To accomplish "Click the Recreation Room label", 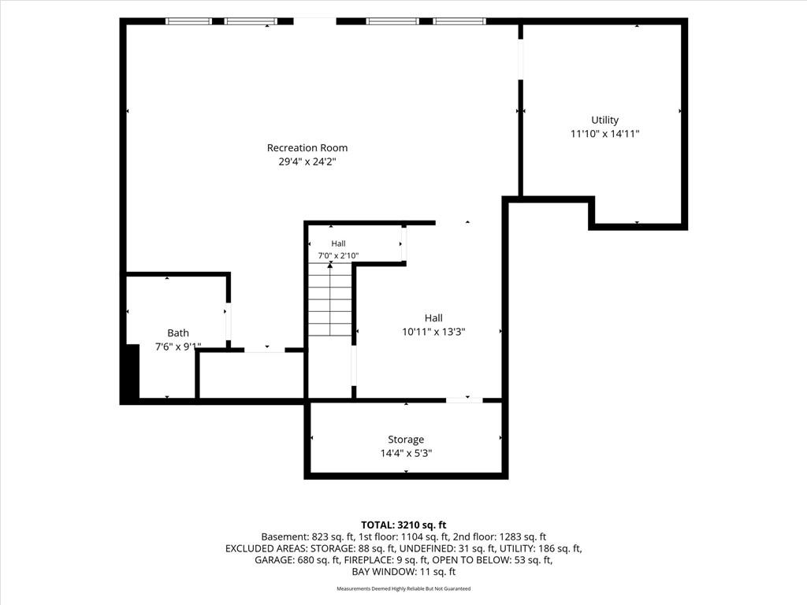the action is [307, 148].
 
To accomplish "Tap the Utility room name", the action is [604, 121].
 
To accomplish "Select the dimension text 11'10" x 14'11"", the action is [604, 134].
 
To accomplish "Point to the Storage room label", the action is [406, 440].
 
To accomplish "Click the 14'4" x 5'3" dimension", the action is [406, 453].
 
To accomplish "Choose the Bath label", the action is [178, 333].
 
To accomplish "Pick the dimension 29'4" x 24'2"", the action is [307, 161].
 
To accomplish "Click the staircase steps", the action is [330, 300].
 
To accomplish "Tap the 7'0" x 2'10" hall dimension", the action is [338, 256].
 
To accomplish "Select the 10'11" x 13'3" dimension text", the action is [433, 332].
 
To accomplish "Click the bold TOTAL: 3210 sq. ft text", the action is [403, 525].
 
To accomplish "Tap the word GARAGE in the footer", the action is [273, 560].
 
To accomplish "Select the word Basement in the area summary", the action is [283, 537].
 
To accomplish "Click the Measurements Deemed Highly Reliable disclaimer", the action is [403, 588].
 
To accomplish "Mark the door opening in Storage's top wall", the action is [464, 399].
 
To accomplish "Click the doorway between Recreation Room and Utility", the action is [520, 59].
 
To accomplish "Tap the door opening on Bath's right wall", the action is [229, 322].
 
